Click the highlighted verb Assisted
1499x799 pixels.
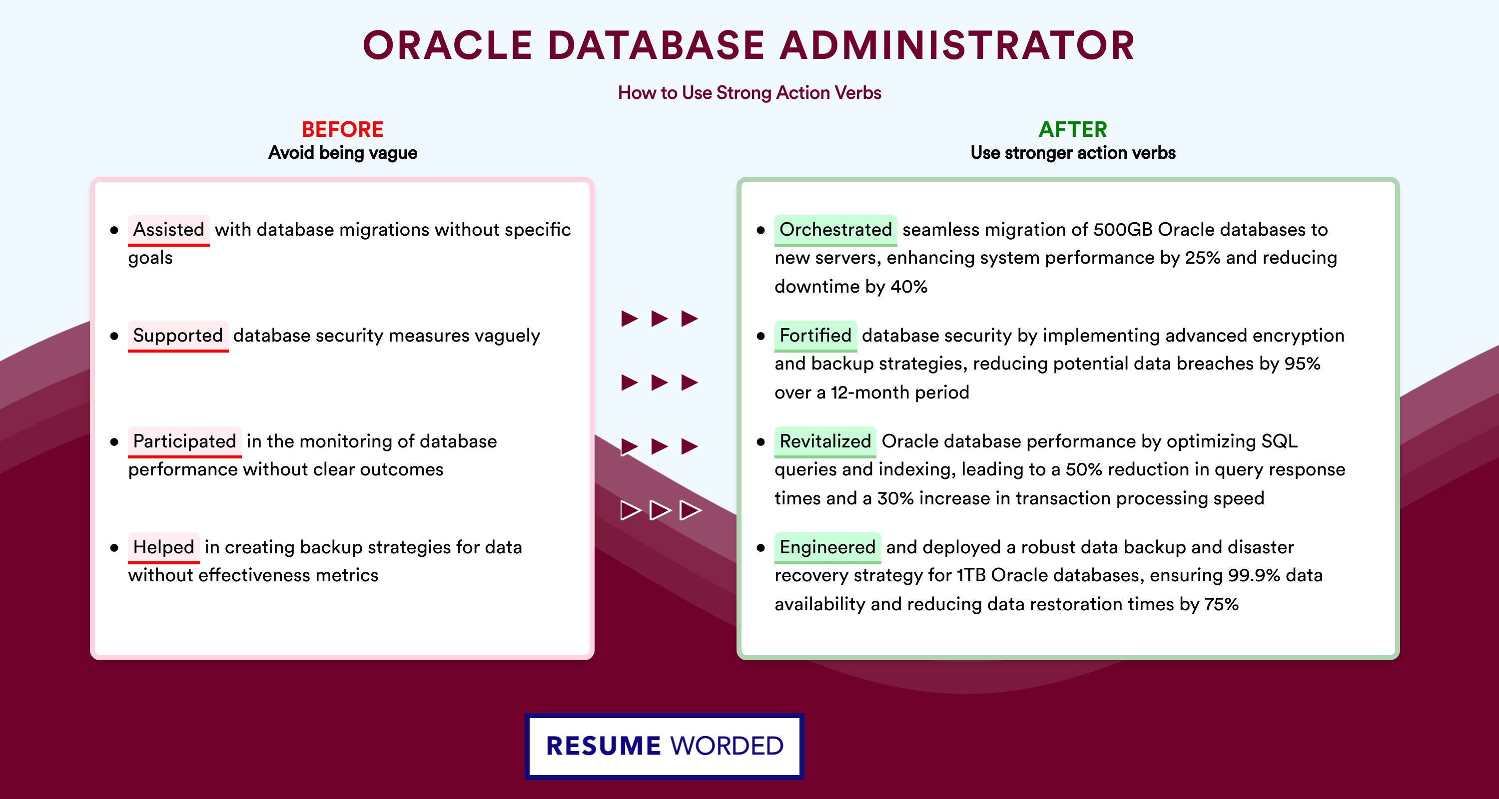[169, 230]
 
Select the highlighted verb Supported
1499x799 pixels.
[178, 336]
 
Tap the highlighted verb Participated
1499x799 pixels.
[184, 441]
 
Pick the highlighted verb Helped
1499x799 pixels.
[163, 547]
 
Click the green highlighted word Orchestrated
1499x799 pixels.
[835, 230]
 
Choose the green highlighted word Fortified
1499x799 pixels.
[815, 336]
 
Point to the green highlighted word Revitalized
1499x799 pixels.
[825, 441]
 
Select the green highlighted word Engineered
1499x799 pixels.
[827, 547]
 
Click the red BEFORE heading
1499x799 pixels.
[343, 129]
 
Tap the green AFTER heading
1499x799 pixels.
[1073, 129]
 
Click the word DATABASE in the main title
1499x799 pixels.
[656, 45]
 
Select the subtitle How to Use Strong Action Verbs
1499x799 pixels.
[749, 92]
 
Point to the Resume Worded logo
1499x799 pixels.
[665, 746]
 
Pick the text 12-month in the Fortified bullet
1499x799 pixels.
[870, 393]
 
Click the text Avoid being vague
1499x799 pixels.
[343, 153]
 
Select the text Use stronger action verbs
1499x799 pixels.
[1073, 153]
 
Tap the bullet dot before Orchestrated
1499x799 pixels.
[760, 230]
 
